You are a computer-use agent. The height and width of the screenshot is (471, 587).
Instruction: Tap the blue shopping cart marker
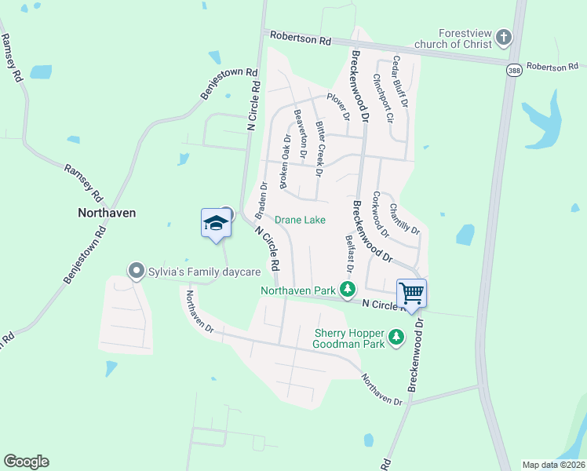411,294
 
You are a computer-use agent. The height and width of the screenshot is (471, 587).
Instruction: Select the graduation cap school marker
216,224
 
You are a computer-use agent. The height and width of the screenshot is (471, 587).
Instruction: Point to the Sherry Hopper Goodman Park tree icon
397,338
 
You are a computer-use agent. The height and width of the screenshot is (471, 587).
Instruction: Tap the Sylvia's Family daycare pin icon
135,272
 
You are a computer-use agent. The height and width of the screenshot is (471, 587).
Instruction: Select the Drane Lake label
300,220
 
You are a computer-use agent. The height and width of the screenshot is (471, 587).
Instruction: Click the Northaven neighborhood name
107,213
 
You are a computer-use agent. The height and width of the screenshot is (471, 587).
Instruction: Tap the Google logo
26,462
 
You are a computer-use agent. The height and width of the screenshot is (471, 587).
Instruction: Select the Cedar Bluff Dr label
400,81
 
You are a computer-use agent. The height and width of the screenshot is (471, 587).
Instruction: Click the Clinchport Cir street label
382,99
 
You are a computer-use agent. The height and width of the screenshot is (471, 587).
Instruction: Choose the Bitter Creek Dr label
320,144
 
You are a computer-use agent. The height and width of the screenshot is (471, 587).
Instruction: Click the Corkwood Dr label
381,214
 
